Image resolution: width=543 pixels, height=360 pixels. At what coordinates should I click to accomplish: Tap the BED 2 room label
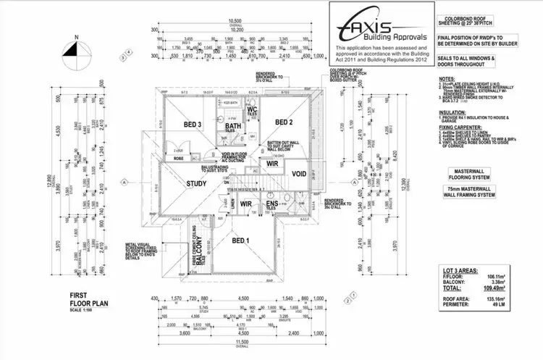(x=283, y=122)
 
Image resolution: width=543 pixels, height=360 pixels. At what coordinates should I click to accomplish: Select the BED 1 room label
(x=240, y=240)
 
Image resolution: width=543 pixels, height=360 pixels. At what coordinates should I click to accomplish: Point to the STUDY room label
(x=198, y=183)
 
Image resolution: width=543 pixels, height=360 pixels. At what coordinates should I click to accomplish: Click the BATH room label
(x=233, y=127)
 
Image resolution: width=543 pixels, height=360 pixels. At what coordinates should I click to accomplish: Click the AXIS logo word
(x=380, y=25)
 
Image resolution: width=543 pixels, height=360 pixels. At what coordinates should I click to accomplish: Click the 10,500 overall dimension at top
(x=235, y=21)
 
